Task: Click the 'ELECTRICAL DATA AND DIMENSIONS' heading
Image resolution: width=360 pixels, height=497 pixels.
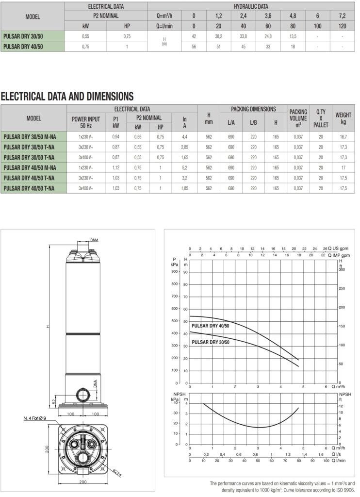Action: [x=67, y=96]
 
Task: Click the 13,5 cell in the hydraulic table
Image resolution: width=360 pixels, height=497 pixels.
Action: [x=293, y=36]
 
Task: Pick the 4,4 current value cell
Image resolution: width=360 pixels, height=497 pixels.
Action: [x=184, y=137]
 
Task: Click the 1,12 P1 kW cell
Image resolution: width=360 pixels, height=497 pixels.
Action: [x=115, y=167]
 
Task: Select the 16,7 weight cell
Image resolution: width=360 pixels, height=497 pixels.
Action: [x=343, y=137]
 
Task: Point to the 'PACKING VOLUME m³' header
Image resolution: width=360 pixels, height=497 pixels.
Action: [x=298, y=118]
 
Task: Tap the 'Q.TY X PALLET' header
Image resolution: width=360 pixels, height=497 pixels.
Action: [x=321, y=118]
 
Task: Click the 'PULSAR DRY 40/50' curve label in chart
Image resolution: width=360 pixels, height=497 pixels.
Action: [x=211, y=325]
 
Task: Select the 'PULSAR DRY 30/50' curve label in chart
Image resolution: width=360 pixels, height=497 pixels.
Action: [x=211, y=342]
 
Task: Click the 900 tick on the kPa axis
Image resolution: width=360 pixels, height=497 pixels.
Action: [x=174, y=272]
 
